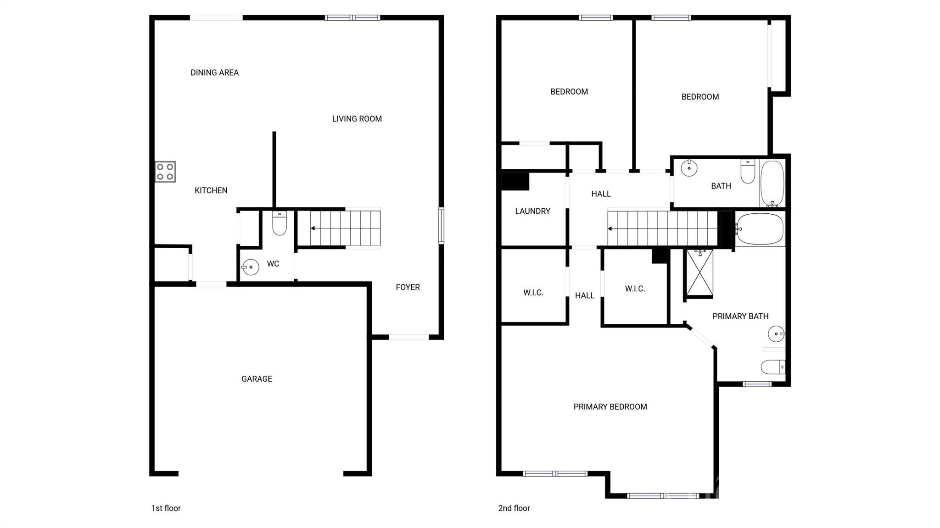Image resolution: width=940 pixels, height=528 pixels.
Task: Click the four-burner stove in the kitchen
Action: click(165, 172)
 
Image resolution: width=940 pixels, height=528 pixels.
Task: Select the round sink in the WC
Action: click(250, 267)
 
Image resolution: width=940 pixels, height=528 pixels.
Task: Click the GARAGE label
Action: click(257, 379)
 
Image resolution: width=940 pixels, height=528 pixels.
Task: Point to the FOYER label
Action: click(408, 287)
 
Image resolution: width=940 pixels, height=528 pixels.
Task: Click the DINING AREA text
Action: click(214, 72)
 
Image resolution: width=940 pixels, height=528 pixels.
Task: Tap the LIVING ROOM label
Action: click(357, 119)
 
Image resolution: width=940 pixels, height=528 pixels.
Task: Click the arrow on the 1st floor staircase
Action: click(313, 228)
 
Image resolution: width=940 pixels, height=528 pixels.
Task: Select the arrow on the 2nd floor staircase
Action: click(610, 228)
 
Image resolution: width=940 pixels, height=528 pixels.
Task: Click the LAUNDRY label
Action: click(532, 211)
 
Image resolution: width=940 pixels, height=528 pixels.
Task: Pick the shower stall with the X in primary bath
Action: click(699, 273)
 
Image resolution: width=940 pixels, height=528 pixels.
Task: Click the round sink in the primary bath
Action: click(776, 333)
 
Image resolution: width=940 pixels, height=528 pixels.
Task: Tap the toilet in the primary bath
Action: click(773, 367)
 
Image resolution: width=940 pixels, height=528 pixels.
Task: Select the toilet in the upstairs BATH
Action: click(748, 171)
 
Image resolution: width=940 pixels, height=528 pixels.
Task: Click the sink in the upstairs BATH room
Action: click(689, 168)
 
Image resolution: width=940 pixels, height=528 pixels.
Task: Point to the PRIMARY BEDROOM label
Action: click(610, 407)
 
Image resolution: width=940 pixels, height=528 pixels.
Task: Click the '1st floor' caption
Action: click(166, 508)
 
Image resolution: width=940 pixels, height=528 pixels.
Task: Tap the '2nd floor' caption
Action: click(514, 508)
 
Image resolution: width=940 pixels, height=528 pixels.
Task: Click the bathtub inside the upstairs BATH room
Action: click(772, 183)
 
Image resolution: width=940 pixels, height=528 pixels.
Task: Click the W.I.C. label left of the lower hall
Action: click(533, 293)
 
